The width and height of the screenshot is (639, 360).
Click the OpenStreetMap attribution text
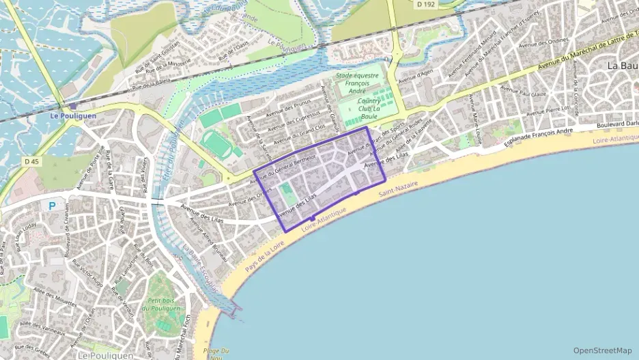click(602, 350)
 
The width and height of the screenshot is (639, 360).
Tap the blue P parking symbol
click(52, 205)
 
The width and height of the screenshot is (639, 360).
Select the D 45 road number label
click(31, 162)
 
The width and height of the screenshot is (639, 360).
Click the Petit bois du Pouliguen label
click(160, 303)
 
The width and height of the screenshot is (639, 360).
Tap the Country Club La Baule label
click(369, 108)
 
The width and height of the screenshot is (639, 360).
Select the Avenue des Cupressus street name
click(295, 124)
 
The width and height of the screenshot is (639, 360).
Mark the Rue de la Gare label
click(109, 170)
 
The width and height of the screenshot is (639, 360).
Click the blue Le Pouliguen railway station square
click(72, 106)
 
